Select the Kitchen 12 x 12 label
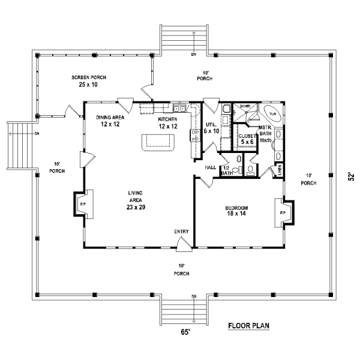click(167, 123)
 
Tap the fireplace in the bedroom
click(283, 212)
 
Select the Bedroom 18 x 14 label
click(236, 210)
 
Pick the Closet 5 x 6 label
click(247, 140)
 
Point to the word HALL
click(210, 167)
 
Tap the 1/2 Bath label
click(226, 170)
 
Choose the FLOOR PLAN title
click(248, 326)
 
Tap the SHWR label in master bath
click(244, 106)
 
